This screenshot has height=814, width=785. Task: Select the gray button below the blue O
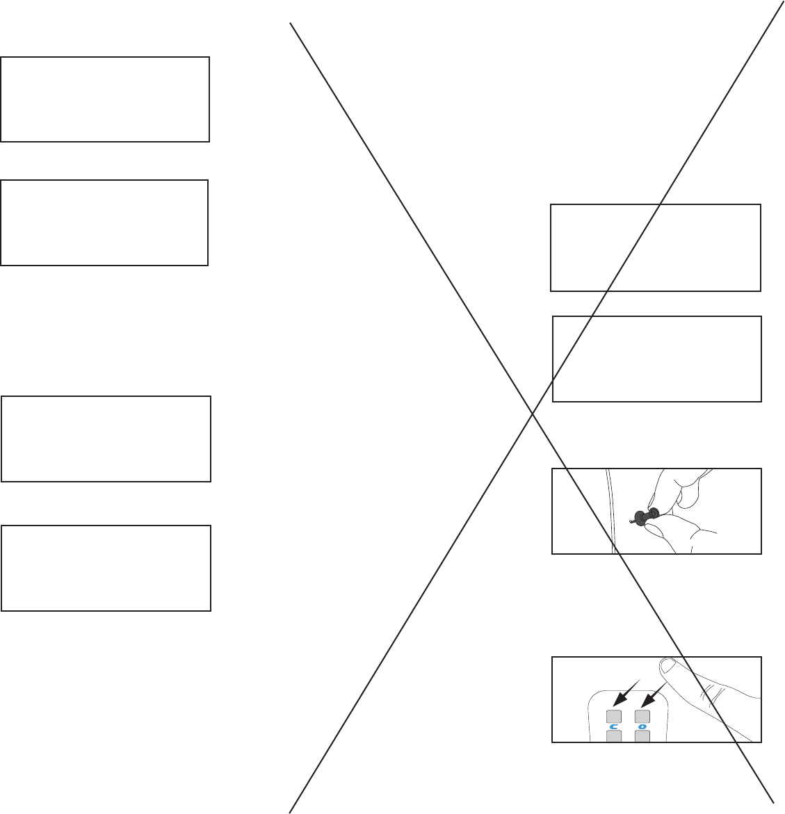pos(642,738)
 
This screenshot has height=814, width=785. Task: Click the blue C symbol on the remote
pos(615,727)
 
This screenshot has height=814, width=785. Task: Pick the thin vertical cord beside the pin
pos(610,511)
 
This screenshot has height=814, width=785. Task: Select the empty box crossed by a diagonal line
pos(655,247)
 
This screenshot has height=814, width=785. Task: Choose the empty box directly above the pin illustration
pos(656,359)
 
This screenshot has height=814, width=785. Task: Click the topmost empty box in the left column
pos(105,99)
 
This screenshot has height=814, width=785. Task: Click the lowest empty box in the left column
pos(106,568)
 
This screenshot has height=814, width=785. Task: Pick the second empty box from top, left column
pos(104,222)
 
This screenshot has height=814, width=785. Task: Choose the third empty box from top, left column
pos(106,439)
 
